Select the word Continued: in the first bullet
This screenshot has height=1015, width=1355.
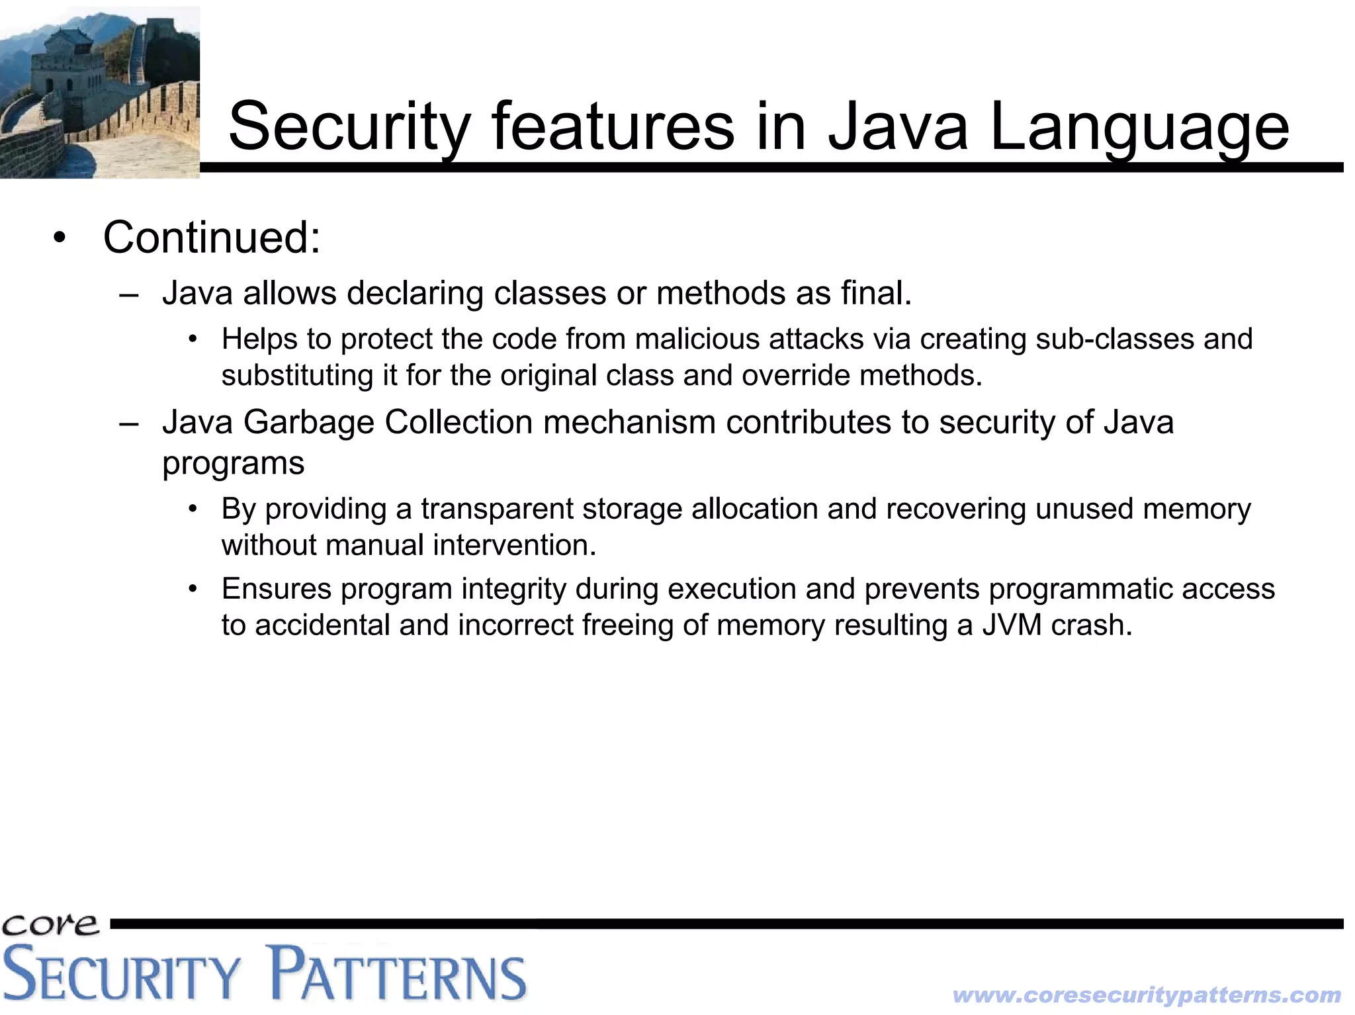click(x=212, y=237)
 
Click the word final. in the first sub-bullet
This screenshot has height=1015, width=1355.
click(x=876, y=293)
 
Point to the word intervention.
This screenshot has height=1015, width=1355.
click(x=514, y=545)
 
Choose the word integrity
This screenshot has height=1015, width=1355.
click(x=513, y=589)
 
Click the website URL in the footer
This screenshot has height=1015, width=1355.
click(x=1146, y=994)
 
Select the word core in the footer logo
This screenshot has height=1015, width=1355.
click(x=50, y=925)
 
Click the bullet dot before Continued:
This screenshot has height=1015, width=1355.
click(x=60, y=239)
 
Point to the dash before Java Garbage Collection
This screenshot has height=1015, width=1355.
click(x=129, y=423)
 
